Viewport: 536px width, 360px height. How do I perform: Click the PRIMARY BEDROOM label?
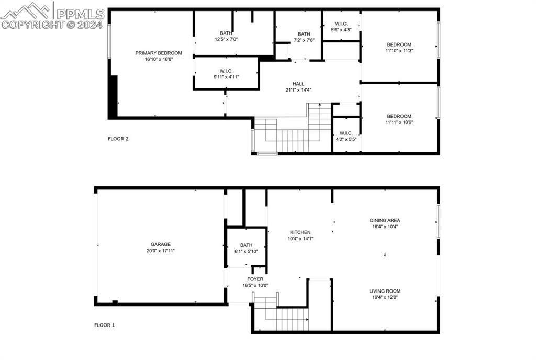[158, 53]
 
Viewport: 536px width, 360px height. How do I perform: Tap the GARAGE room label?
[160, 244]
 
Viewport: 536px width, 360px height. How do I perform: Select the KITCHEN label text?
[300, 232]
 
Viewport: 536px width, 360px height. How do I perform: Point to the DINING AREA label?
[385, 220]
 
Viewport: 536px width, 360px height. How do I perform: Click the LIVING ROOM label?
[385, 291]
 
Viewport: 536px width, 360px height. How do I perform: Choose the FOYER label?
[255, 279]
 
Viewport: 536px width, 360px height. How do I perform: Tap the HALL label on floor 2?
[298, 84]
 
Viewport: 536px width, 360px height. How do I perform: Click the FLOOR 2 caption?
[118, 139]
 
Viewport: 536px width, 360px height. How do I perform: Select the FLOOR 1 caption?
[104, 325]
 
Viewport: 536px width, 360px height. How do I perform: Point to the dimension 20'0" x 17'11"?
[160, 250]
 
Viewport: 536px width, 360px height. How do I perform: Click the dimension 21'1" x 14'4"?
[298, 90]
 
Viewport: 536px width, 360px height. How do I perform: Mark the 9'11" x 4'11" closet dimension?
[226, 77]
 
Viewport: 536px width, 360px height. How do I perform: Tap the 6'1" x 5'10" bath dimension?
[246, 251]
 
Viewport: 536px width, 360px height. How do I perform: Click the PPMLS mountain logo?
[26, 10]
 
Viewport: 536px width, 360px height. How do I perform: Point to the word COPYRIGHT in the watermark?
[33, 25]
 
